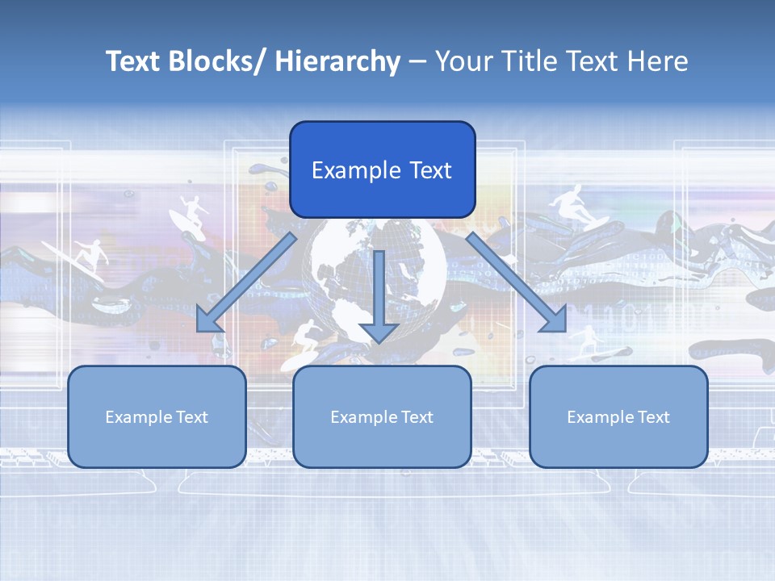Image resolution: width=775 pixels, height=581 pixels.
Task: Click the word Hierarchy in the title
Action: coord(337,61)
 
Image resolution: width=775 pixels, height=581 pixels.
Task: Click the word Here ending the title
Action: coord(659,61)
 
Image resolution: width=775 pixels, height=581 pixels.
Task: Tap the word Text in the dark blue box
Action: coord(429,170)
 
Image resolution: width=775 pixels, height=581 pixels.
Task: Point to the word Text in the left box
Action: coord(192,417)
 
